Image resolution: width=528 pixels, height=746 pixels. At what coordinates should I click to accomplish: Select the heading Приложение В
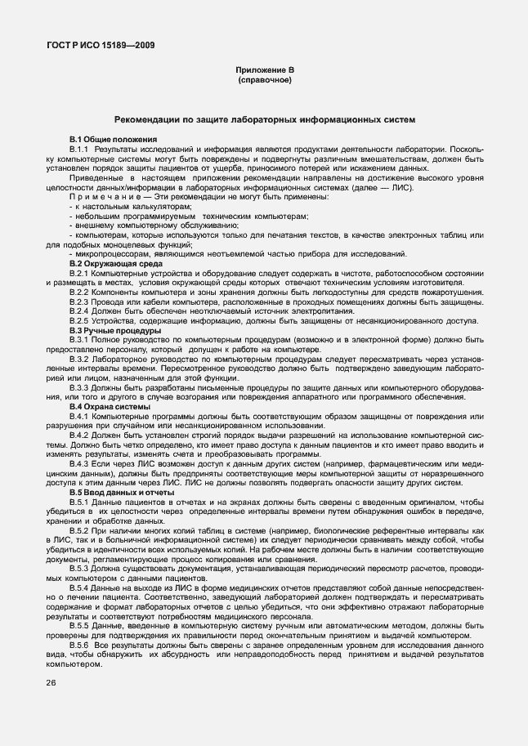tap(263, 72)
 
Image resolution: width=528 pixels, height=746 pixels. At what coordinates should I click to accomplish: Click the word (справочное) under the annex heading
tap(263, 82)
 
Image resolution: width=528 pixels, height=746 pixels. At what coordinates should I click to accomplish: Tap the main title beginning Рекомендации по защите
tap(264, 119)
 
